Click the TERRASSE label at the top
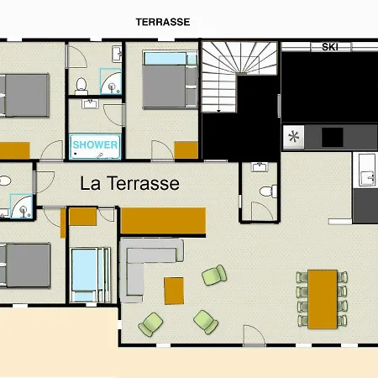pos(163,22)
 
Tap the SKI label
pos(330,47)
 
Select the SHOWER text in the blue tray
pos(95,144)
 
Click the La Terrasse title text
pos(129,183)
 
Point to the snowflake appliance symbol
pos(293,137)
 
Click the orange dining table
pos(323,299)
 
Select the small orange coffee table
pos(174,291)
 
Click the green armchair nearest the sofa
pos(150,324)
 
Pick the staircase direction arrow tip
pos(218,112)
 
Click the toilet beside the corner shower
pos(81,86)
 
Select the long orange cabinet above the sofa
pos(164,221)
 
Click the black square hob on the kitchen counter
pos(333,137)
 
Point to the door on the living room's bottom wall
pos(255,335)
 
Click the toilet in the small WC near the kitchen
pos(268,192)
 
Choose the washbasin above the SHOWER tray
pos(90,103)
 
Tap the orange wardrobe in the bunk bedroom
pos(186,150)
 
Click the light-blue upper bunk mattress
pos(165,59)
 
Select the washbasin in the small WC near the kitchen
pos(260,167)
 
